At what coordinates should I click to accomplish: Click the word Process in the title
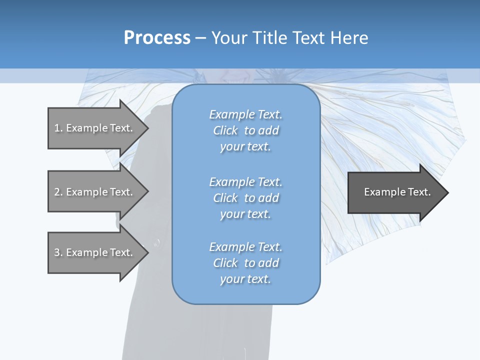157,38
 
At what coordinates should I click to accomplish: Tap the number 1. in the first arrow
58,128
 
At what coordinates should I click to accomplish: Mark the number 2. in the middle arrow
58,192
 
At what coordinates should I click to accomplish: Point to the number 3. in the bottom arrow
58,252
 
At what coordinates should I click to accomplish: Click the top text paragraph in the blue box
245,130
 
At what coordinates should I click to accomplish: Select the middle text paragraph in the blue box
245,198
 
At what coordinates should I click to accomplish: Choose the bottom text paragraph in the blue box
245,263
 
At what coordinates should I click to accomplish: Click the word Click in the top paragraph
225,130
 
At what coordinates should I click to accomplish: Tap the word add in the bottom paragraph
269,263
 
